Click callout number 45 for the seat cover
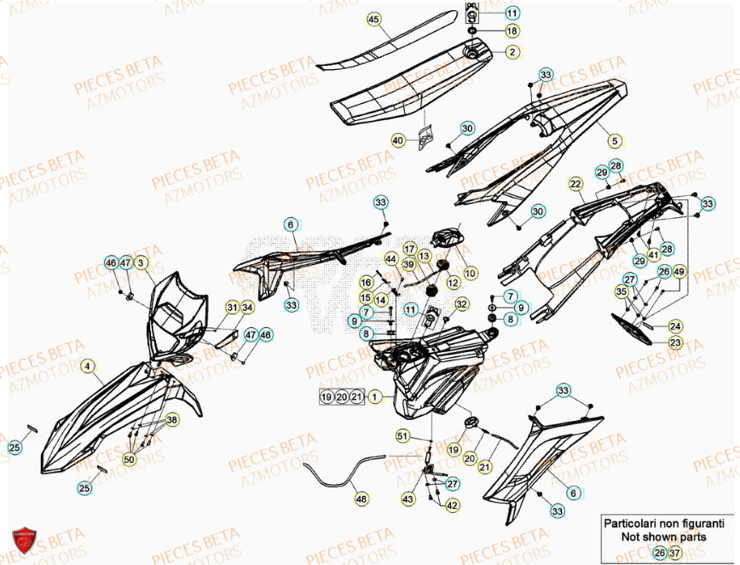[x=373, y=18]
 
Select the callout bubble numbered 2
[x=512, y=52]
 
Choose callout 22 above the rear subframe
[x=575, y=183]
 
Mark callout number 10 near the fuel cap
[x=471, y=273]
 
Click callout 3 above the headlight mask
[x=142, y=262]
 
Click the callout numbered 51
[x=403, y=436]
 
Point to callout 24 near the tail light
[x=675, y=326]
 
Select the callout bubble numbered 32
[x=461, y=303]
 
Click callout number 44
[x=390, y=258]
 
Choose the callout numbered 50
[x=130, y=460]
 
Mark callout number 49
[x=679, y=272]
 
